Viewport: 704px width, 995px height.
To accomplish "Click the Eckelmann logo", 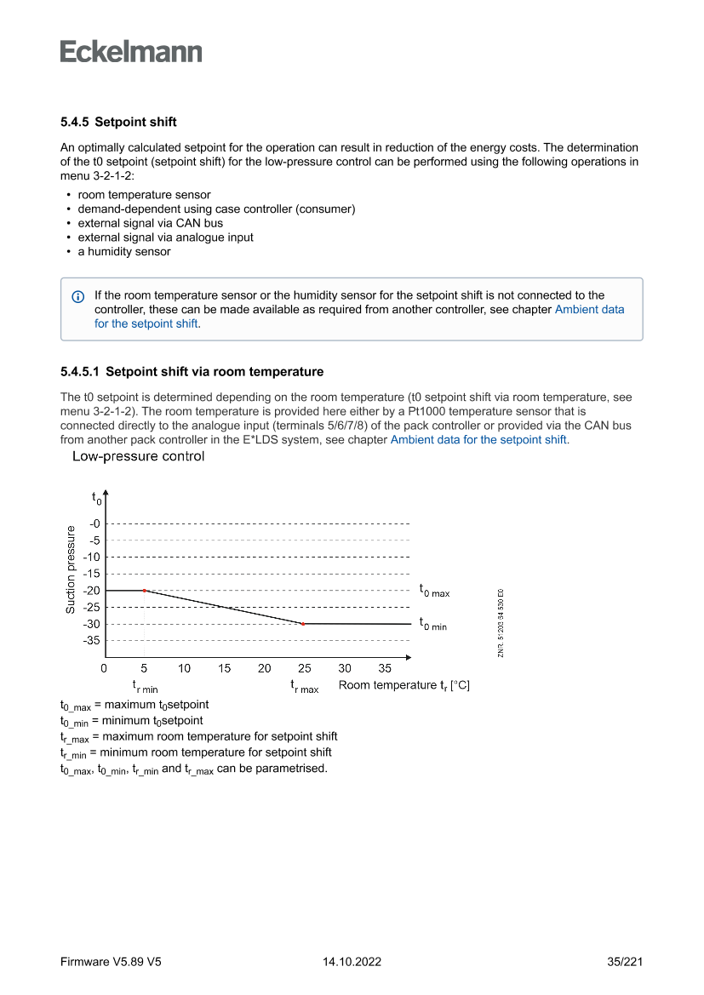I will click(131, 51).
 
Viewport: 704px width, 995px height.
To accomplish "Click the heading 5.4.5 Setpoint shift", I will click(118, 123).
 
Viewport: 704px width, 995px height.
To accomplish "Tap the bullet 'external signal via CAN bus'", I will click(150, 223).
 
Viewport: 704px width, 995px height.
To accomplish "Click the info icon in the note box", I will click(77, 296).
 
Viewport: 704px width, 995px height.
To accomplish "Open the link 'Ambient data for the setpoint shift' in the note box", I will click(589, 310).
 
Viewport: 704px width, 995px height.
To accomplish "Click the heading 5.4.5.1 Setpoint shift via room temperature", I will click(192, 372).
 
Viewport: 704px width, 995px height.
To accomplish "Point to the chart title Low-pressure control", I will click(138, 457).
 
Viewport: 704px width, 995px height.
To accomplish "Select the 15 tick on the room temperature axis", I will click(224, 669).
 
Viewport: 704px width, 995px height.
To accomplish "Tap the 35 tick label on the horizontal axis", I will click(385, 669).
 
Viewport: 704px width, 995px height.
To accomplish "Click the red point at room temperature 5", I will click(144, 590).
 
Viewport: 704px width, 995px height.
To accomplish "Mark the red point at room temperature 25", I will click(303, 624).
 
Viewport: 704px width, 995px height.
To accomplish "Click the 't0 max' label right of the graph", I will click(434, 590).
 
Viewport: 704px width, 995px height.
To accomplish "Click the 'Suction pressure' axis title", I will click(71, 569).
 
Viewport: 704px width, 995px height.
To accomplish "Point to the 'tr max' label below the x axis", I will click(304, 686).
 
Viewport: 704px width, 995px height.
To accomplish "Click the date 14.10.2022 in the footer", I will click(352, 963).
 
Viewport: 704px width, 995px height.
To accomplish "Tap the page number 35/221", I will click(625, 963).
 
